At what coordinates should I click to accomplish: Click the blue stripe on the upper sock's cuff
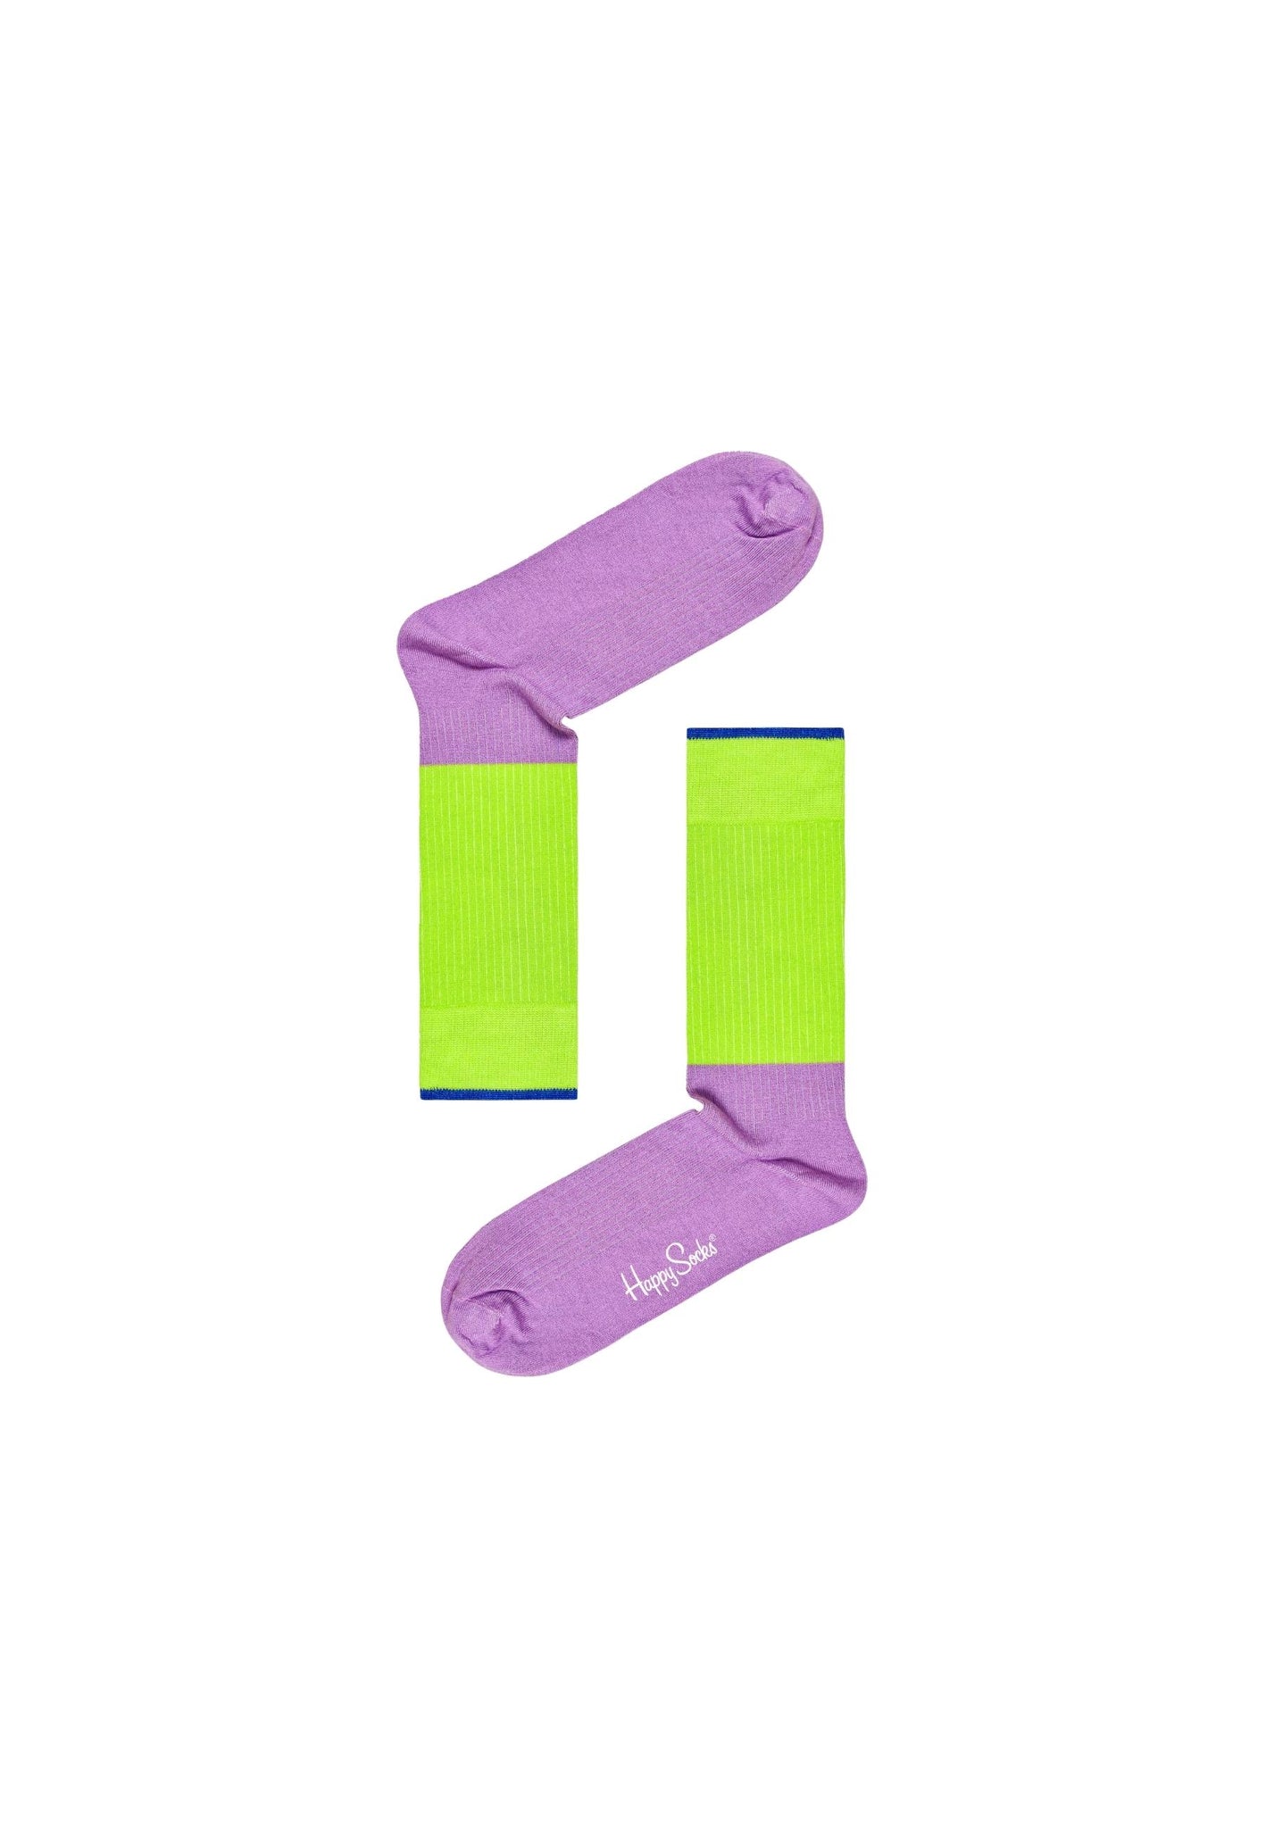(765, 734)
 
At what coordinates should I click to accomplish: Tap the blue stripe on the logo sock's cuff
(498, 1093)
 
